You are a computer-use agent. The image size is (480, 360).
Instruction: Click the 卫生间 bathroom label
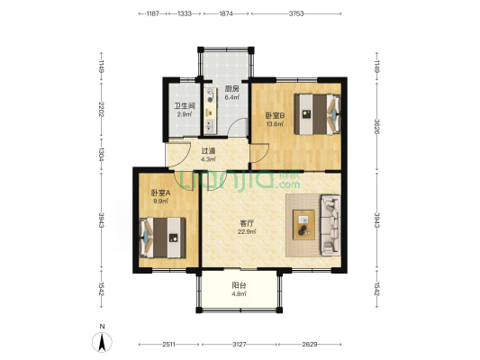pyautogui.click(x=185, y=106)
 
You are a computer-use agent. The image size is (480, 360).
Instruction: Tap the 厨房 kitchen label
pyautogui.click(x=231, y=89)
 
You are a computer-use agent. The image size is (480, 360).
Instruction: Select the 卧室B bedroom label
pyautogui.click(x=275, y=115)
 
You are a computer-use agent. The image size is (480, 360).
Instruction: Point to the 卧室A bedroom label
pyautogui.click(x=160, y=193)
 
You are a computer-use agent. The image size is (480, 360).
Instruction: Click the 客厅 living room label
pyautogui.click(x=247, y=223)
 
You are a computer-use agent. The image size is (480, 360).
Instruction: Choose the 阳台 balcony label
pyautogui.click(x=239, y=285)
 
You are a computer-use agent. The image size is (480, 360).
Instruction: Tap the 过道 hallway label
pyautogui.click(x=208, y=151)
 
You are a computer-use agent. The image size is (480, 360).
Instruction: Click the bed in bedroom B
pyautogui.click(x=318, y=114)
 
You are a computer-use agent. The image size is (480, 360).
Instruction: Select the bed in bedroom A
pyautogui.click(x=163, y=238)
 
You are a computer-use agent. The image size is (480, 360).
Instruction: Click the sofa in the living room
pyautogui.click(x=331, y=225)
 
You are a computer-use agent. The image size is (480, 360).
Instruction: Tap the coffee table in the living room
pyautogui.click(x=303, y=224)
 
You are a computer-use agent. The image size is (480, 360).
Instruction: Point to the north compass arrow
pyautogui.click(x=103, y=342)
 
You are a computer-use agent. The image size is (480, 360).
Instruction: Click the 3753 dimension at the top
pyautogui.click(x=296, y=13)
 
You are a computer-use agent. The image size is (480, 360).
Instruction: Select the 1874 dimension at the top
pyautogui.click(x=226, y=13)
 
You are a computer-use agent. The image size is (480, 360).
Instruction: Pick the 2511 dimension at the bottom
pyautogui.click(x=168, y=345)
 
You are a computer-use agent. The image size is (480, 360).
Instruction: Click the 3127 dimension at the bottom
pyautogui.click(x=239, y=345)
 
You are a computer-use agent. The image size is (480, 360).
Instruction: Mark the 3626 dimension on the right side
pyautogui.click(x=376, y=126)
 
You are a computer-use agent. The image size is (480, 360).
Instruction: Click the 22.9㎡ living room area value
pyautogui.click(x=247, y=231)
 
